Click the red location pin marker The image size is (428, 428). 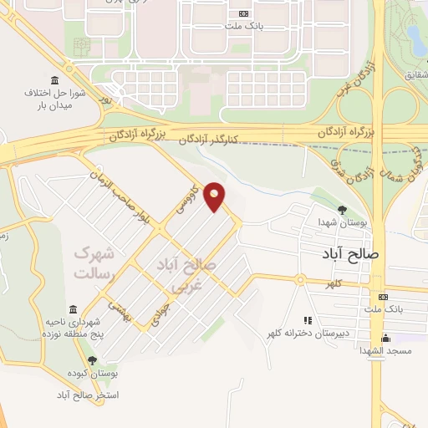tap(215, 196)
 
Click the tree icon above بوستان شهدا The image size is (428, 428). tap(341, 209)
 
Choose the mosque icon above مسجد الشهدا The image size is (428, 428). tap(386, 338)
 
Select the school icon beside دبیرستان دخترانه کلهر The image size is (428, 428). tap(308, 320)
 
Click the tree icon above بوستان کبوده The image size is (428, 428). tap(92, 359)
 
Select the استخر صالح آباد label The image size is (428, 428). tap(89, 394)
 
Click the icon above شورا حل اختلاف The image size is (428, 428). tap(54, 79)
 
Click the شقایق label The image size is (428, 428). tap(415, 76)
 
